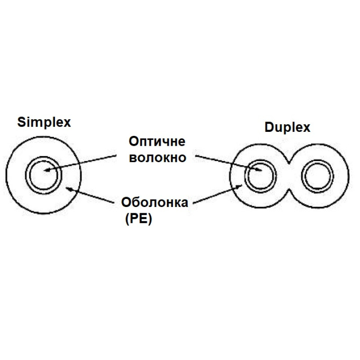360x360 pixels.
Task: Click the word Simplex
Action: pyautogui.click(x=44, y=122)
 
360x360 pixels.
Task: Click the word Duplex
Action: pyautogui.click(x=288, y=128)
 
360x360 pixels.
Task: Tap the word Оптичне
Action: pyautogui.click(x=157, y=141)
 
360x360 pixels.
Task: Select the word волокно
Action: pyautogui.click(x=157, y=158)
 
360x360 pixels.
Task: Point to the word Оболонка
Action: pyautogui.click(x=154, y=202)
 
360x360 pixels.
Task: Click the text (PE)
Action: pyautogui.click(x=139, y=220)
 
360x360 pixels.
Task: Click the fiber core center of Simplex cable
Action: pyautogui.click(x=43, y=175)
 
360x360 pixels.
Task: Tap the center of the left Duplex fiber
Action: pyautogui.click(x=261, y=176)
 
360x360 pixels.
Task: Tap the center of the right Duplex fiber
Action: pyautogui.click(x=317, y=176)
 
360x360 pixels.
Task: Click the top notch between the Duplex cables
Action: pyautogui.click(x=289, y=163)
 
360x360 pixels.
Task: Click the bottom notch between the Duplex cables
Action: pyautogui.click(x=289, y=190)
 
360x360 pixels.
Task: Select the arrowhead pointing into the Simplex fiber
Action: pyautogui.click(x=47, y=170)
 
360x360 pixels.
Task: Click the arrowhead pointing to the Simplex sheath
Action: pyautogui.click(x=69, y=189)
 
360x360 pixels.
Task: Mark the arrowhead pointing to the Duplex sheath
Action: pyautogui.click(x=239, y=186)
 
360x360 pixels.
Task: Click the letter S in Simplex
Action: pyautogui.click(x=21, y=122)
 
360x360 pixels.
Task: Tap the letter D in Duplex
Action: pyautogui.click(x=269, y=127)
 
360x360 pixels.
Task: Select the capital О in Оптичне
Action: pyautogui.click(x=134, y=141)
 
